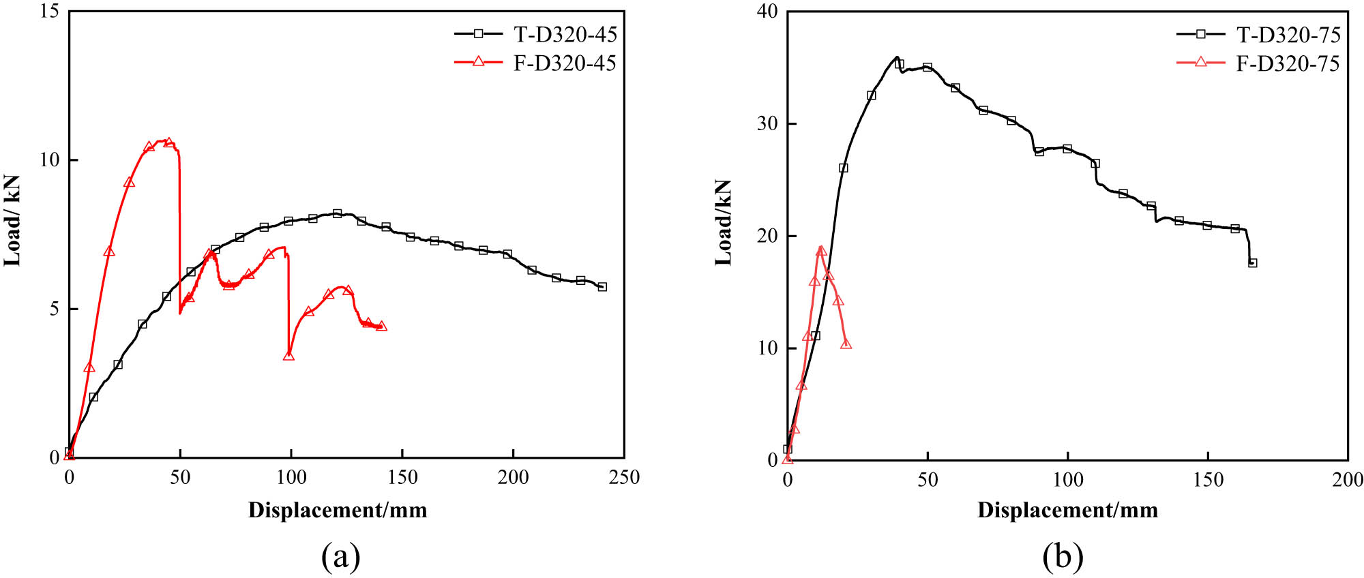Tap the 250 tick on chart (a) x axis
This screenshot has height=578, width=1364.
[x=624, y=477]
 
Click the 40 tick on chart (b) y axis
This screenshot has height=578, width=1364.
[x=767, y=12]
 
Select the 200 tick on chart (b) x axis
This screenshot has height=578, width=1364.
[x=1348, y=480]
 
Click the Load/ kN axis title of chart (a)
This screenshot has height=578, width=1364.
[x=12, y=220]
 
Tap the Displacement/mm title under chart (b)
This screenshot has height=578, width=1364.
[x=1067, y=510]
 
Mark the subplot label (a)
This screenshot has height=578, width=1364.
[x=340, y=556]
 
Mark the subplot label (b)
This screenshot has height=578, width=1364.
[x=1063, y=556]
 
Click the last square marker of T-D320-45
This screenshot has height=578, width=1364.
[x=602, y=287]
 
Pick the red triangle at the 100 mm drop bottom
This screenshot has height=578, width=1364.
[x=288, y=356]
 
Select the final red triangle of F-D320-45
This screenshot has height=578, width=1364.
[x=381, y=326]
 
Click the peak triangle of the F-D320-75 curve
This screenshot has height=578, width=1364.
[x=821, y=251]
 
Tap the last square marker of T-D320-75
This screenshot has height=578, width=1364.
[x=1252, y=262]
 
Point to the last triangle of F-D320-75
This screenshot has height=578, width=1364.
[x=846, y=344]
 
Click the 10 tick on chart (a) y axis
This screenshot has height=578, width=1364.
[x=50, y=160]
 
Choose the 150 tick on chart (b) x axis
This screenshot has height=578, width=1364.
[x=1208, y=480]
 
